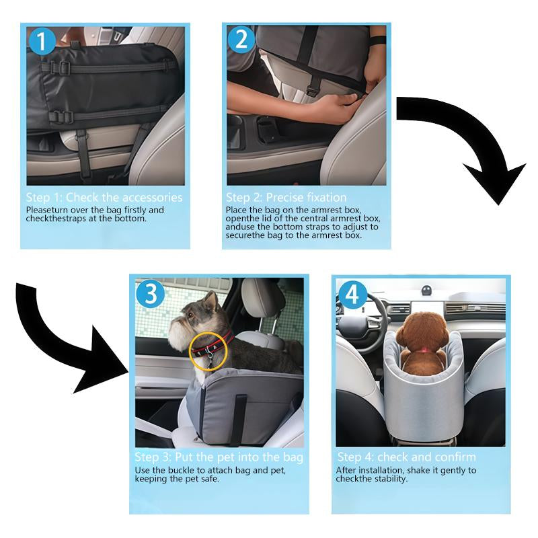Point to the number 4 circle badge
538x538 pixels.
coord(353,295)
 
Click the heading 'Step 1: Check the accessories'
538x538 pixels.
coord(104,198)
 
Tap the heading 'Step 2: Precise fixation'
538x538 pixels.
coord(286,198)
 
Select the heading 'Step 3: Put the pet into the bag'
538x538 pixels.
coord(219,457)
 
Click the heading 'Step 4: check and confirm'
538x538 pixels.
coord(406,457)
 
